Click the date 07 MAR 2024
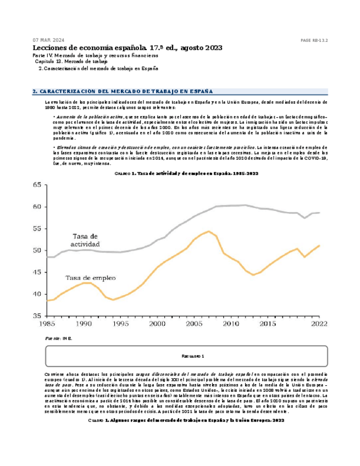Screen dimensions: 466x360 coord(48,40)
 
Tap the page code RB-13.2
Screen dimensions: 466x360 coord(314,41)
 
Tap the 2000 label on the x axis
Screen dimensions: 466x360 coord(158,325)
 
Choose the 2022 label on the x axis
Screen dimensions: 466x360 coord(319,325)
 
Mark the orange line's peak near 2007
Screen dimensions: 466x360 coord(209,231)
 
